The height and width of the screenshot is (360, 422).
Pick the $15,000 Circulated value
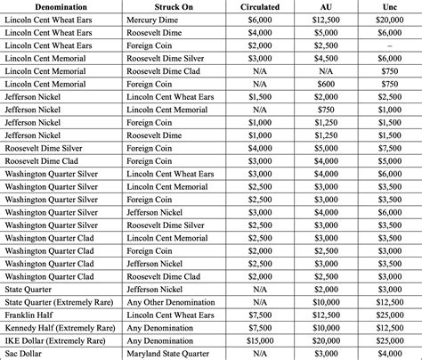260,340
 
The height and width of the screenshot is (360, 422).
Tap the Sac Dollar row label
26,354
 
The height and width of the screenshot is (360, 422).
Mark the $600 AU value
325,83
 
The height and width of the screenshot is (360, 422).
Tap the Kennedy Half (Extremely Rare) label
59,328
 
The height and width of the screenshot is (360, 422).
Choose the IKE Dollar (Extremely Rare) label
58,340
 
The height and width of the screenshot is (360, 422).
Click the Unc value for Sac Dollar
388,354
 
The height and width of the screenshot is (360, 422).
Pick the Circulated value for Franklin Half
260,315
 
